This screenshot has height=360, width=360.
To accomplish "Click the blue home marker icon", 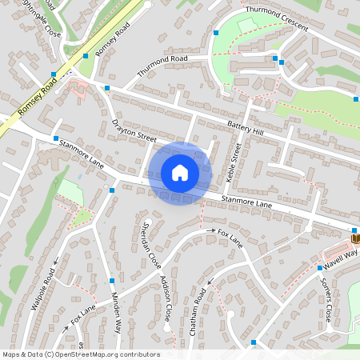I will [180, 173].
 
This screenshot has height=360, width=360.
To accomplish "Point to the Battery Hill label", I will [245, 126].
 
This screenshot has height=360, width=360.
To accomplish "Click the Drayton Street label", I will [134, 132].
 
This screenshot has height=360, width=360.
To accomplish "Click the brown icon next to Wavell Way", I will [354, 237].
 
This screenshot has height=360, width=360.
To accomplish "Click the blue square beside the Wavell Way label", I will [318, 268].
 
